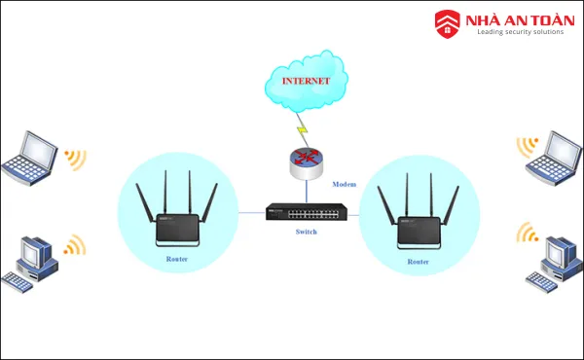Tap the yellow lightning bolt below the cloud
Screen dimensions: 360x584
click(303, 128)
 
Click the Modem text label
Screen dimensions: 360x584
click(346, 184)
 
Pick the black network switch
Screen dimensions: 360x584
click(306, 212)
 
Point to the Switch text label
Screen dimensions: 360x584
click(307, 233)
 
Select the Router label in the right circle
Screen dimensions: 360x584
click(418, 262)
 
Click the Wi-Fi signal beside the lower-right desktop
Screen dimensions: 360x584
click(527, 233)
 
